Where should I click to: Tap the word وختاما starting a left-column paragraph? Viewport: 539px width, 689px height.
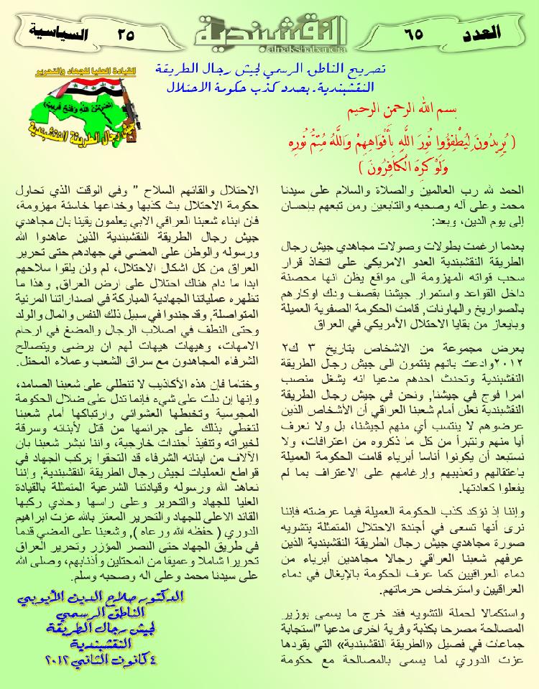tap(244, 382)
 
